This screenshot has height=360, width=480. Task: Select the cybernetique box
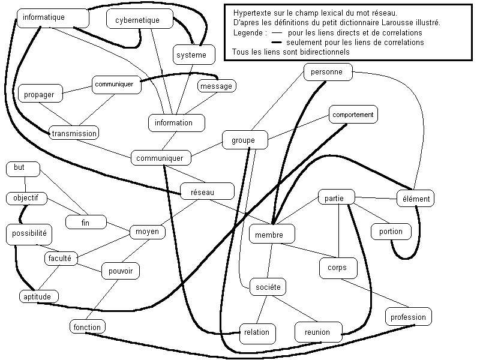click(x=137, y=20)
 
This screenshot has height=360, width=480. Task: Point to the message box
click(x=216, y=86)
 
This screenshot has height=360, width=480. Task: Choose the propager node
click(x=40, y=95)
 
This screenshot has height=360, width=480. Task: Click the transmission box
click(x=74, y=133)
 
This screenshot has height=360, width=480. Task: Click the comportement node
click(x=353, y=114)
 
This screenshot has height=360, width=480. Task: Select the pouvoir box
click(x=120, y=271)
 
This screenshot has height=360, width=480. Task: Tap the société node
click(x=267, y=287)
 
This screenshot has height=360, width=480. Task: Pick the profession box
click(x=408, y=317)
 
